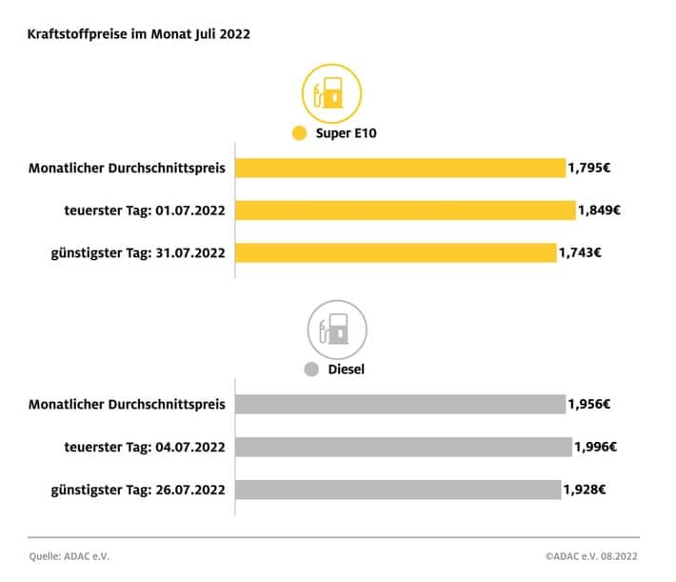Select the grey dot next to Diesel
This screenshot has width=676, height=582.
(310, 370)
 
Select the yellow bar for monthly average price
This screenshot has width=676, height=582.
(400, 169)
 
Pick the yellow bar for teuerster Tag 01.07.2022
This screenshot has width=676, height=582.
(405, 211)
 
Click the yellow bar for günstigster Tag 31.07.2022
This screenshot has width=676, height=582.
(395, 252)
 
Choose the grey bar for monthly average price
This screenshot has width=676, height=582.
(400, 405)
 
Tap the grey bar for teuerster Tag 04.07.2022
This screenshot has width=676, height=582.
(404, 447)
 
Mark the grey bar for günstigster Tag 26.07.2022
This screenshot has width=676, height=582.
(398, 490)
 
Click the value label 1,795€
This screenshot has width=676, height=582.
(589, 169)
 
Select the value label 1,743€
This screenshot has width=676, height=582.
(580, 252)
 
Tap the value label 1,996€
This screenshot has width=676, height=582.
(596, 447)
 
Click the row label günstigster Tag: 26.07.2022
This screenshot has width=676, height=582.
(137, 490)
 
